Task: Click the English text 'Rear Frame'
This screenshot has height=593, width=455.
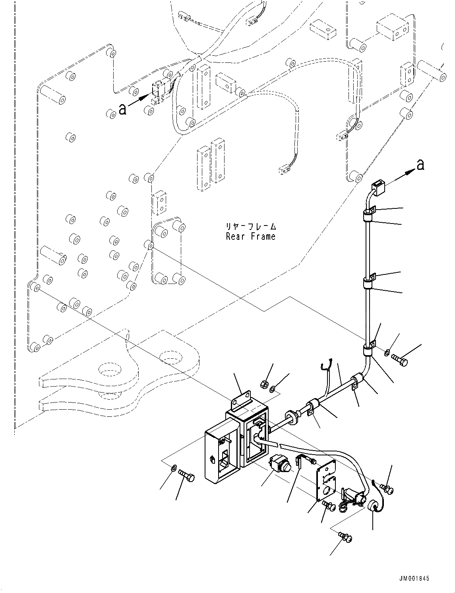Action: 250,236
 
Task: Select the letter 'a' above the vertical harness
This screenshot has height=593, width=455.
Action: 421,165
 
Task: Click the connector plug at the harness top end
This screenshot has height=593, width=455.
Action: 378,188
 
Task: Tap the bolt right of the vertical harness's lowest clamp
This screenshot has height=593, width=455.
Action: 400,360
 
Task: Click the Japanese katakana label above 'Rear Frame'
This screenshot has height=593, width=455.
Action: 251,227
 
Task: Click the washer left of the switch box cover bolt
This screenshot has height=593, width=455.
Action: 174,469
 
